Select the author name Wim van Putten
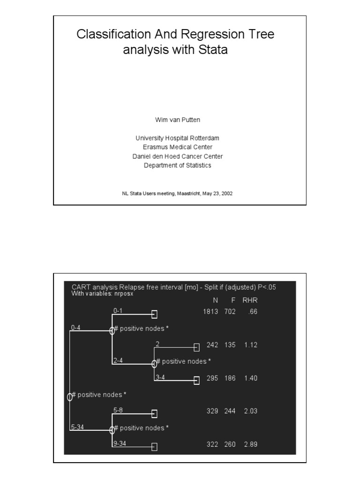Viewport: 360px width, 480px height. click(x=178, y=120)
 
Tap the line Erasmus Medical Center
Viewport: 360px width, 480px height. click(x=178, y=147)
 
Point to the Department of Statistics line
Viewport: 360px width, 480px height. click(x=178, y=165)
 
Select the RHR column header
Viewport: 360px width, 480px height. click(x=250, y=300)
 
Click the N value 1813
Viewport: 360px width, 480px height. click(x=210, y=312)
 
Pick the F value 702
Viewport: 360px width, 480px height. click(x=230, y=312)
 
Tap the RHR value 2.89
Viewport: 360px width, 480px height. click(x=251, y=444)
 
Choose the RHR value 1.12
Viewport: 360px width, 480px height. click(x=251, y=345)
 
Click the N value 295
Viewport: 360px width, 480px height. click(x=212, y=378)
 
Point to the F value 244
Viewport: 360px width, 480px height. click(x=230, y=411)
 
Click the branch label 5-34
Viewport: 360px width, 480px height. click(x=77, y=427)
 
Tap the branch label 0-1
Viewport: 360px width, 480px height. click(x=118, y=310)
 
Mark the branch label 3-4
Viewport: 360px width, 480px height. click(x=160, y=377)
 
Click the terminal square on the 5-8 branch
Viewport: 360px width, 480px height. click(x=154, y=414)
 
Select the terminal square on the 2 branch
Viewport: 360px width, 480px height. click(x=196, y=347)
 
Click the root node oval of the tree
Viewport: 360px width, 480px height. click(x=70, y=397)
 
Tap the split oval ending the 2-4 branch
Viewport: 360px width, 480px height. click(x=154, y=364)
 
